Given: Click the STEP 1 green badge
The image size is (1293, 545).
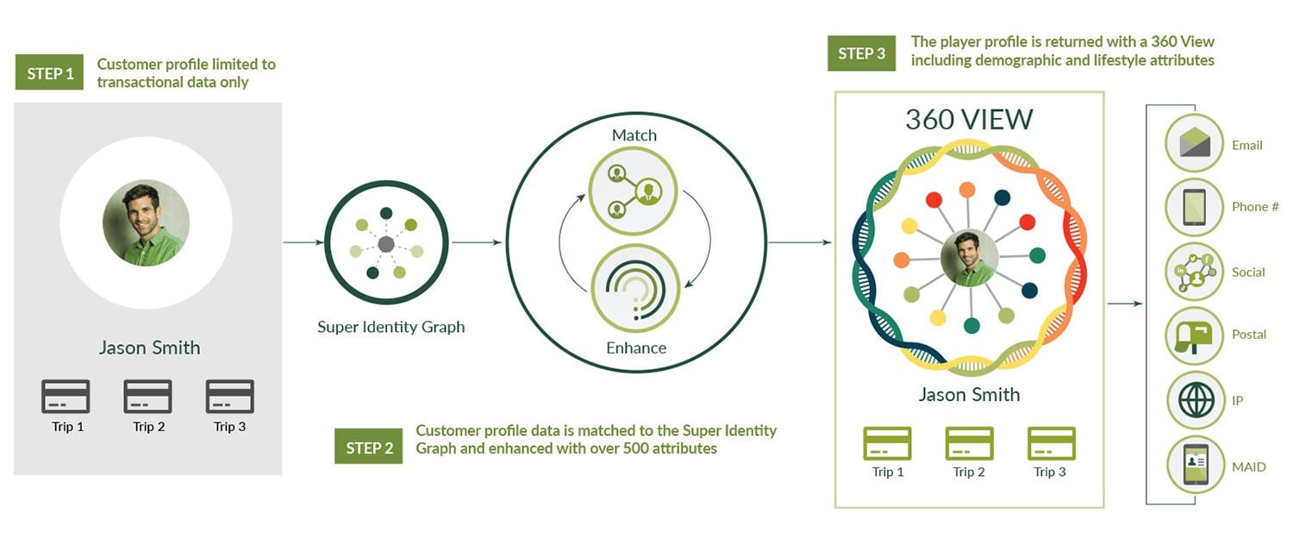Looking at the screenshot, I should pyautogui.click(x=50, y=73).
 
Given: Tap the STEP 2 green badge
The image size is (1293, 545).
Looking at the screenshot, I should pyautogui.click(x=368, y=448).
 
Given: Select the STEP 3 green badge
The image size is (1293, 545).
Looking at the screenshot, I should pyautogui.click(x=862, y=53).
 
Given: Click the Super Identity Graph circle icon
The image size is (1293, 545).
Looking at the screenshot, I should pyautogui.click(x=387, y=244).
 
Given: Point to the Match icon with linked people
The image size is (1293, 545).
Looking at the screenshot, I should pyautogui.click(x=634, y=190).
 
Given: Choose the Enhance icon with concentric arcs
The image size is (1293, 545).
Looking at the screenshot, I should pyautogui.click(x=634, y=289).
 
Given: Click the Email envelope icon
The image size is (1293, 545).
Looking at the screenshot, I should pyautogui.click(x=1195, y=142).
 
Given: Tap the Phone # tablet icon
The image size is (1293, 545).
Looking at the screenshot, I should pyautogui.click(x=1195, y=207).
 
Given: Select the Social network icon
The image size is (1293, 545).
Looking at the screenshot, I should pyautogui.click(x=1195, y=272).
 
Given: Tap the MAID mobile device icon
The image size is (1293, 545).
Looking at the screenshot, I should pyautogui.click(x=1195, y=466).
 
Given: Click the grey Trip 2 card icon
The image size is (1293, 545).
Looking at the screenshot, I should pyautogui.click(x=148, y=397).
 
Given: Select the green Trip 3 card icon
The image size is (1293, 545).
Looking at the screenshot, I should pyautogui.click(x=1051, y=443).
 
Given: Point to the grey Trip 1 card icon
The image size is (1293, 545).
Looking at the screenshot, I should pyautogui.click(x=66, y=397).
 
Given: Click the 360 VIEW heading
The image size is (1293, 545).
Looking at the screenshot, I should pyautogui.click(x=969, y=119).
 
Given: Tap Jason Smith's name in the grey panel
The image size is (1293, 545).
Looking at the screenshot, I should pyautogui.click(x=149, y=348).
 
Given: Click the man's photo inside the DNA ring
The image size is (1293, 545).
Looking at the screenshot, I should pyautogui.click(x=970, y=258).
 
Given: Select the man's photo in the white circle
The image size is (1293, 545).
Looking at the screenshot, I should pyautogui.click(x=146, y=222).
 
